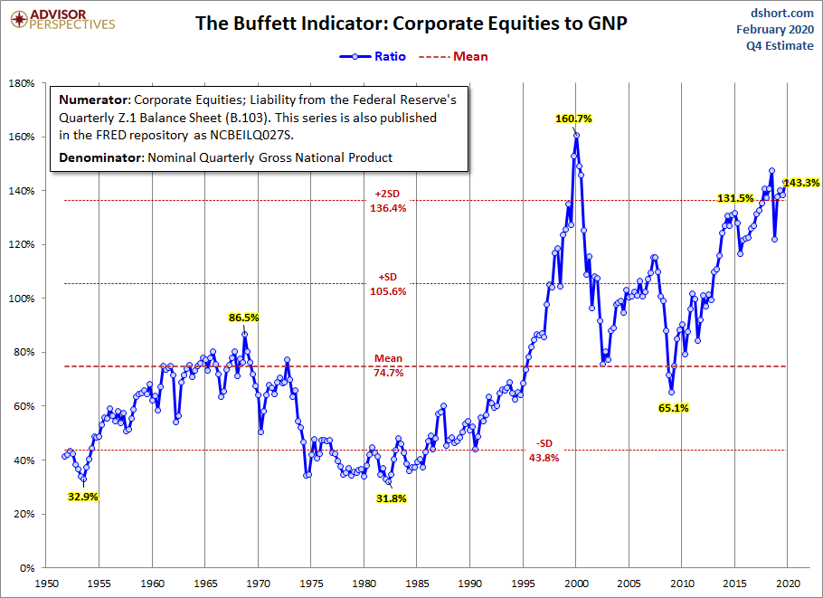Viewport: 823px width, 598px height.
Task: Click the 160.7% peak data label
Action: [x=573, y=119]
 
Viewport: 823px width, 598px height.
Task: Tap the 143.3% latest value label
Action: [x=801, y=183]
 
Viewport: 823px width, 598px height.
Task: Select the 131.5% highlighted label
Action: [x=735, y=199]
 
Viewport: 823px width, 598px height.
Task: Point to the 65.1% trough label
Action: [x=672, y=408]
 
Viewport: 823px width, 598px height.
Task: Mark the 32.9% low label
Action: [x=82, y=496]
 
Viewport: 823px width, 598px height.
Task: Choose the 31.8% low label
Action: [x=391, y=498]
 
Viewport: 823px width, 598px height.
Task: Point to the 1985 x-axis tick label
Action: [x=417, y=583]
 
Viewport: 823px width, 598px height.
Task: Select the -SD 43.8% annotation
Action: [x=544, y=451]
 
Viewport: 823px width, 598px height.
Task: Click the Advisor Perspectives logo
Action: [x=61, y=18]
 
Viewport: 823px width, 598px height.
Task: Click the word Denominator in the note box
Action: [x=98, y=157]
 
